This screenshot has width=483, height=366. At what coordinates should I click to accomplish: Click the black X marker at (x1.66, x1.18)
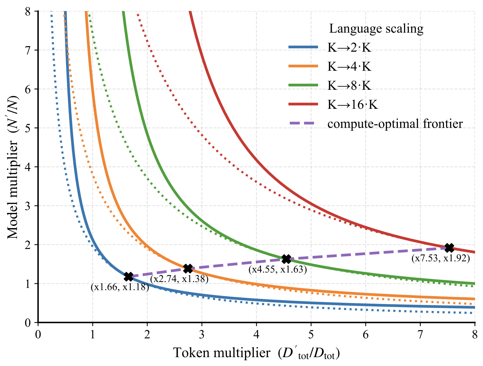point(129,276)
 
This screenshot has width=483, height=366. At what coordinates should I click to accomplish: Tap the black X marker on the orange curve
point(188,269)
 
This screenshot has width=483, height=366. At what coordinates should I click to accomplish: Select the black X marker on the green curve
point(286,259)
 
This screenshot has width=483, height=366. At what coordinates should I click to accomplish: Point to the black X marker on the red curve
point(449,247)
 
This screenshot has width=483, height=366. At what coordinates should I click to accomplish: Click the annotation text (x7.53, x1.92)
point(441,258)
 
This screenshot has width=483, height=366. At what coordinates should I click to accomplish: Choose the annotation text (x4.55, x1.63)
point(277,269)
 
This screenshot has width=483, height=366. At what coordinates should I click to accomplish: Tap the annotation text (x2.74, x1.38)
point(179,279)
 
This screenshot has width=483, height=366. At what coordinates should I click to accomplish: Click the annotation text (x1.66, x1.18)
point(120,287)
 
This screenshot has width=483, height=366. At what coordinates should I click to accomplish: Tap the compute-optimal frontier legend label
point(395,124)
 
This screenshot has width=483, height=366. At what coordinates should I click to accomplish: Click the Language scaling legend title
point(376,28)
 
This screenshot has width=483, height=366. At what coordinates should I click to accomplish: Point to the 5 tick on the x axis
point(311,335)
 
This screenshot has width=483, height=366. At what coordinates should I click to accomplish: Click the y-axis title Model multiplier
point(13,167)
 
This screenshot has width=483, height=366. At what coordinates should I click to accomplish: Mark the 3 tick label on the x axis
point(202,335)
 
